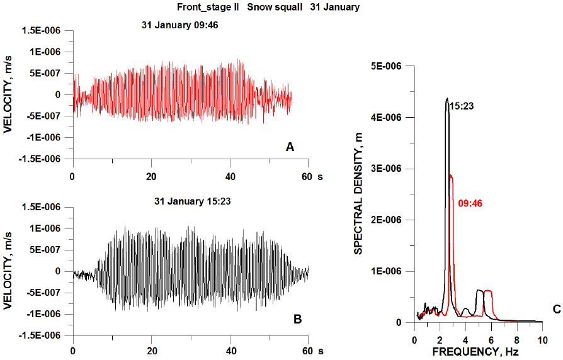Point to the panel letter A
point(290,147)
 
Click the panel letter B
point(297,319)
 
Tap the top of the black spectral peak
point(446,98)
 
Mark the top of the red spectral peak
point(451,176)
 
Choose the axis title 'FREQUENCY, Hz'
point(475,352)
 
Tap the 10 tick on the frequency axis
point(542,340)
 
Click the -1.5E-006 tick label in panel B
point(39,335)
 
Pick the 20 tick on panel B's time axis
point(151,351)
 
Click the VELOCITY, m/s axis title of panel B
point(8,271)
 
